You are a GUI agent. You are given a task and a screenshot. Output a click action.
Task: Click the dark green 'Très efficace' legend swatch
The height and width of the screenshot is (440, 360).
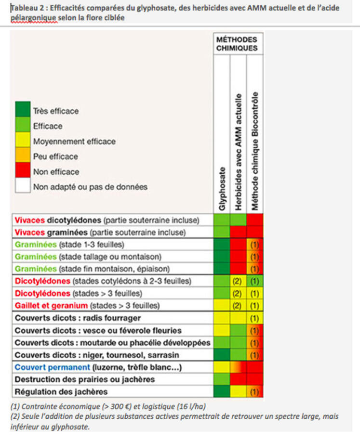click(x=23, y=109)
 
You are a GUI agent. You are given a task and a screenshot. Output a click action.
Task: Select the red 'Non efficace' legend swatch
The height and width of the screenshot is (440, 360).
click(x=23, y=170)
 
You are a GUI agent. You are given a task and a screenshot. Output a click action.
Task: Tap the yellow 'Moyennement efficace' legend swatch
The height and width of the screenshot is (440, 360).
click(x=23, y=140)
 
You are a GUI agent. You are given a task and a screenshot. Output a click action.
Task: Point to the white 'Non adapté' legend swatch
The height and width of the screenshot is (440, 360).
click(x=23, y=185)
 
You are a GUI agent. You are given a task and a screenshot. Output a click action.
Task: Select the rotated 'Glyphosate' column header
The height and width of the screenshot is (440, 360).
click(x=222, y=189)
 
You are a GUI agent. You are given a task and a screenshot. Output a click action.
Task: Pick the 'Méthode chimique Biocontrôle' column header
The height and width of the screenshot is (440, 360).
click(x=254, y=151)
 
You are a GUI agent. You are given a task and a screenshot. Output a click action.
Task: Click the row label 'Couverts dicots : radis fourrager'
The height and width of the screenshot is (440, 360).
click(x=78, y=318)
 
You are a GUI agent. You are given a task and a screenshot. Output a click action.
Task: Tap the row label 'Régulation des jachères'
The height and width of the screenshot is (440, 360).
click(x=61, y=392)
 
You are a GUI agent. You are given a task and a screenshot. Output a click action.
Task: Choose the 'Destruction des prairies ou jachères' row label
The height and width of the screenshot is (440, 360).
click(x=84, y=379)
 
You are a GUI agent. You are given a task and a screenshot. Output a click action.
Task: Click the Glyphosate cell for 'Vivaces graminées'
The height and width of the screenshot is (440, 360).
click(x=222, y=232)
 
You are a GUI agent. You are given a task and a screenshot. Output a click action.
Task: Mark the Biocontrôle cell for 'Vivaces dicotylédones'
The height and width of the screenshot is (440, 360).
click(x=254, y=220)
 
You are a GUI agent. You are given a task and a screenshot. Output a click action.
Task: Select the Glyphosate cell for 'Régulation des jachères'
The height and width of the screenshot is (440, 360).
click(x=222, y=391)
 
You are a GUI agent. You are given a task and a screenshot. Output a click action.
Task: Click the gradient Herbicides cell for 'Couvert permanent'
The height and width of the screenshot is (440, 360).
click(x=238, y=367)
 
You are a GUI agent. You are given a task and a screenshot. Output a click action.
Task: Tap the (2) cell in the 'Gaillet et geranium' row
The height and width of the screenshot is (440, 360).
click(x=238, y=305)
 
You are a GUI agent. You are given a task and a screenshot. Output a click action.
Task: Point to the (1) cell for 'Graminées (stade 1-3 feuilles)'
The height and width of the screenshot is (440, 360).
click(x=254, y=245)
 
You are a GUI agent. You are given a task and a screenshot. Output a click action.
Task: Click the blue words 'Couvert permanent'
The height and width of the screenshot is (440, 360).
click(x=52, y=367)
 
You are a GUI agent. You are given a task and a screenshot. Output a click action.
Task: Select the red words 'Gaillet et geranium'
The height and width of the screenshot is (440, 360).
click(x=51, y=305)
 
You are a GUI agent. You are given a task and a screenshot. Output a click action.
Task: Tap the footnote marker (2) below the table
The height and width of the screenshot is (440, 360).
click(x=15, y=416)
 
